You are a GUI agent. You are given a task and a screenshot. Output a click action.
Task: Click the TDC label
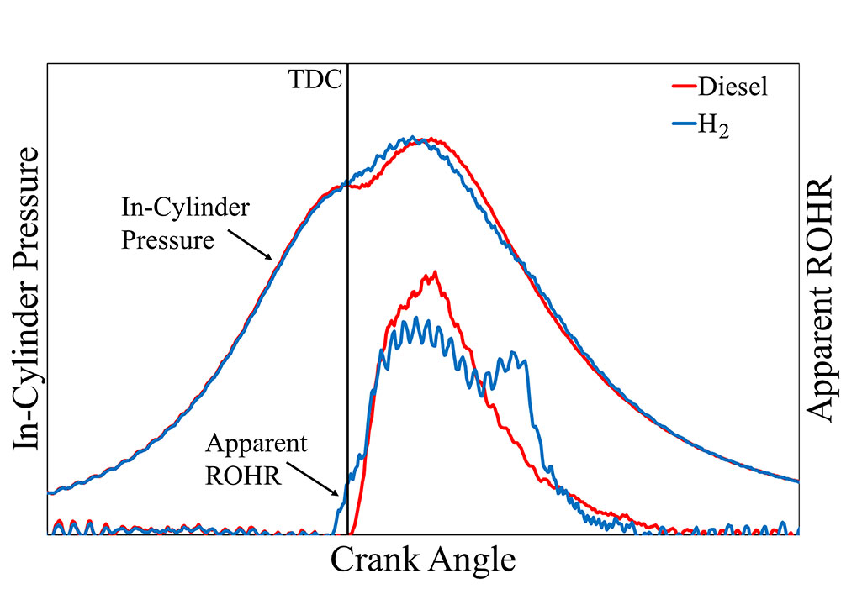tap(316, 82)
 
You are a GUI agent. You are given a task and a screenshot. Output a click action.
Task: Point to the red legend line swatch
tap(685, 87)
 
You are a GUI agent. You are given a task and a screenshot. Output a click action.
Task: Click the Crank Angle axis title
tap(422, 559)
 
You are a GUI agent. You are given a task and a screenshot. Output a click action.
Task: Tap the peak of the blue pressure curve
tap(412, 137)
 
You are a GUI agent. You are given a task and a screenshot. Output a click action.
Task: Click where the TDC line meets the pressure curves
tap(347, 184)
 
